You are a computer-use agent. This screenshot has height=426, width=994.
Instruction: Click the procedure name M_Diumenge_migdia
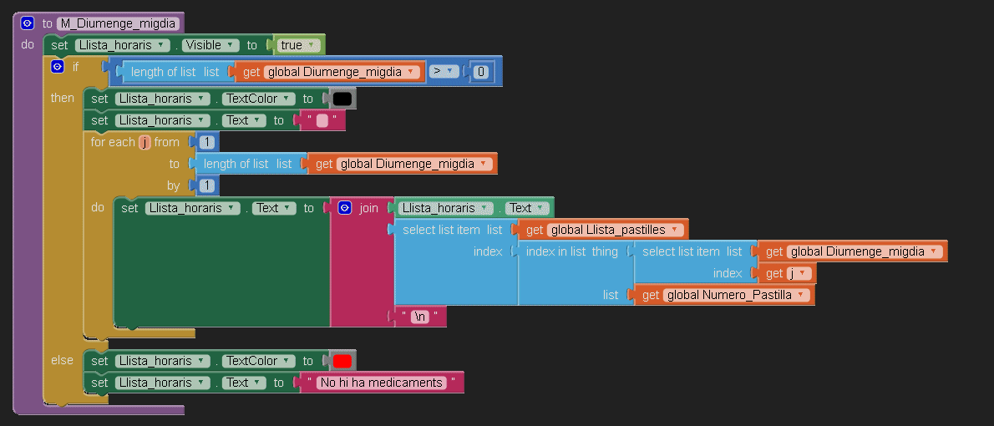pyautogui.click(x=119, y=23)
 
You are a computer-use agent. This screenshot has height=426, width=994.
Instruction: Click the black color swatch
pyautogui.click(x=342, y=99)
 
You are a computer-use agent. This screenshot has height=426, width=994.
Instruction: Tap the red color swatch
pyautogui.click(x=342, y=361)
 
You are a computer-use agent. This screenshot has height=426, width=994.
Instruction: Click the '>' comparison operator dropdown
pyautogui.click(x=442, y=72)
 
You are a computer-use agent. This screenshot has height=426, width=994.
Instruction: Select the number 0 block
pyautogui.click(x=480, y=72)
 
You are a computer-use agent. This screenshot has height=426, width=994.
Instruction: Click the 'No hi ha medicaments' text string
pyautogui.click(x=380, y=383)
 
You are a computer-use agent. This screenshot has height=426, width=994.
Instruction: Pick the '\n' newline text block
pyautogui.click(x=421, y=317)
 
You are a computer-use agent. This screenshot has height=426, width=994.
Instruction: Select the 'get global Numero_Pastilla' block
pyautogui.click(x=726, y=295)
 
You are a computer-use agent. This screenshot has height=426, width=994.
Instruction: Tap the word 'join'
pyautogui.click(x=368, y=208)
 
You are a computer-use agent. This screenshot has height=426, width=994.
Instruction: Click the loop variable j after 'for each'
pyautogui.click(x=145, y=142)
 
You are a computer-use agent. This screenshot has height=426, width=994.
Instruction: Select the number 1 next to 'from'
pyautogui.click(x=205, y=142)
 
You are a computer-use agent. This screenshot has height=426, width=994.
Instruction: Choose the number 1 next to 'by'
pyautogui.click(x=205, y=185)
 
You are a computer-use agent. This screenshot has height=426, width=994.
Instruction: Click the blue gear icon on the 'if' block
pyautogui.click(x=57, y=67)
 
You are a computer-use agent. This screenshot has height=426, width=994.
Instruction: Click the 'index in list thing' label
pyautogui.click(x=571, y=251)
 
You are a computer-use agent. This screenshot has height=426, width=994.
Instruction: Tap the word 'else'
pyautogui.click(x=62, y=360)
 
